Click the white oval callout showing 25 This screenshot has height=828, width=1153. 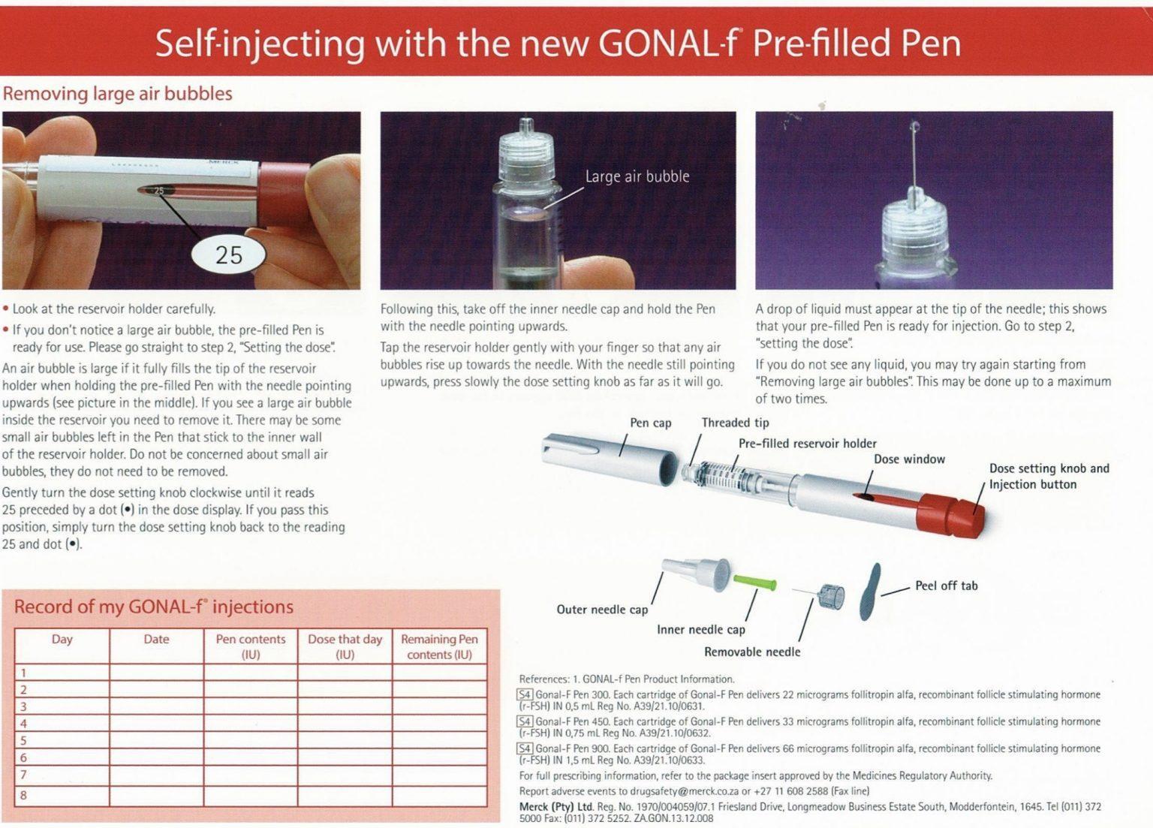228,255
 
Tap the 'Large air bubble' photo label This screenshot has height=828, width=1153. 637,176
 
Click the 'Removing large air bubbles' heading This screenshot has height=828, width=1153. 117,94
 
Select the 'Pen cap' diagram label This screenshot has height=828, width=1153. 650,423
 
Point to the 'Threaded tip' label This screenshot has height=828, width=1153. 735,423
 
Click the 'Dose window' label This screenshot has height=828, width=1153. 909,459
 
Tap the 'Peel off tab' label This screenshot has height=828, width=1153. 946,586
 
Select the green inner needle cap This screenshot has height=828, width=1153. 754,583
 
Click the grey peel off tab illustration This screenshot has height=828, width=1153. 870,592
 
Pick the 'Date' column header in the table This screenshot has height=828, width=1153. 156,640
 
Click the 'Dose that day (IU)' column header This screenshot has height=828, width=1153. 345,646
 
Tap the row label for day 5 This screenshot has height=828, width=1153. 23,740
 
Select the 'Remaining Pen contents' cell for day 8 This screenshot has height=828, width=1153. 439,795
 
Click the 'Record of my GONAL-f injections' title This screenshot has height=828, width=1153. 154,607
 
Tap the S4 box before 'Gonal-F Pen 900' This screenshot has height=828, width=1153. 525,748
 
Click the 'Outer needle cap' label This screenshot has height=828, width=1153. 601,610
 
